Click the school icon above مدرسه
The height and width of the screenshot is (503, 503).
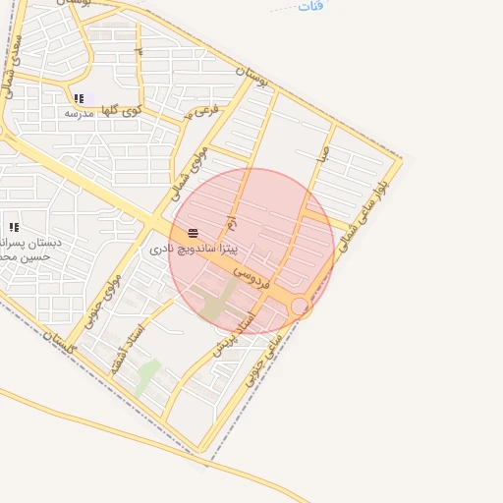[79, 98]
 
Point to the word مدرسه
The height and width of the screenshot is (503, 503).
[78, 113]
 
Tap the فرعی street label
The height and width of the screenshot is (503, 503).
[201, 111]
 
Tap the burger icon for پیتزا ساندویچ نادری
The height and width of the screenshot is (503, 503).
[193, 234]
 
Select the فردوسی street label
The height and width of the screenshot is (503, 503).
[251, 273]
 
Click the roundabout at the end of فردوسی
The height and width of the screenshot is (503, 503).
[300, 307]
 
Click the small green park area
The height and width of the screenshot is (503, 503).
[147, 376]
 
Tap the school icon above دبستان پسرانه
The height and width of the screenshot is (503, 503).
[14, 227]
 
